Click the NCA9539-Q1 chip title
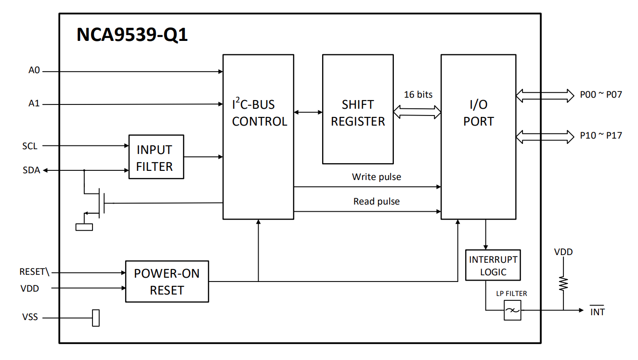click(132, 35)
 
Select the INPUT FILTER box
click(156, 157)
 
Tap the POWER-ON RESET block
click(167, 282)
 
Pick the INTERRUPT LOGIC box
click(493, 265)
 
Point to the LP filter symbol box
click(512, 310)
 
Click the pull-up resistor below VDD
click(563, 283)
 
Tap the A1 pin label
click(34, 103)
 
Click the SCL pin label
click(29, 146)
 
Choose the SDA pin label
click(31, 170)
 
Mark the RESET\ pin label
click(34, 272)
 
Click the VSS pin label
click(30, 318)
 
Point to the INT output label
click(598, 312)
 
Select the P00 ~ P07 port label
click(601, 95)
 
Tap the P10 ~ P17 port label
click(601, 136)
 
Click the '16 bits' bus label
click(418, 95)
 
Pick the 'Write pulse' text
click(376, 177)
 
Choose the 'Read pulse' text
click(376, 202)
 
